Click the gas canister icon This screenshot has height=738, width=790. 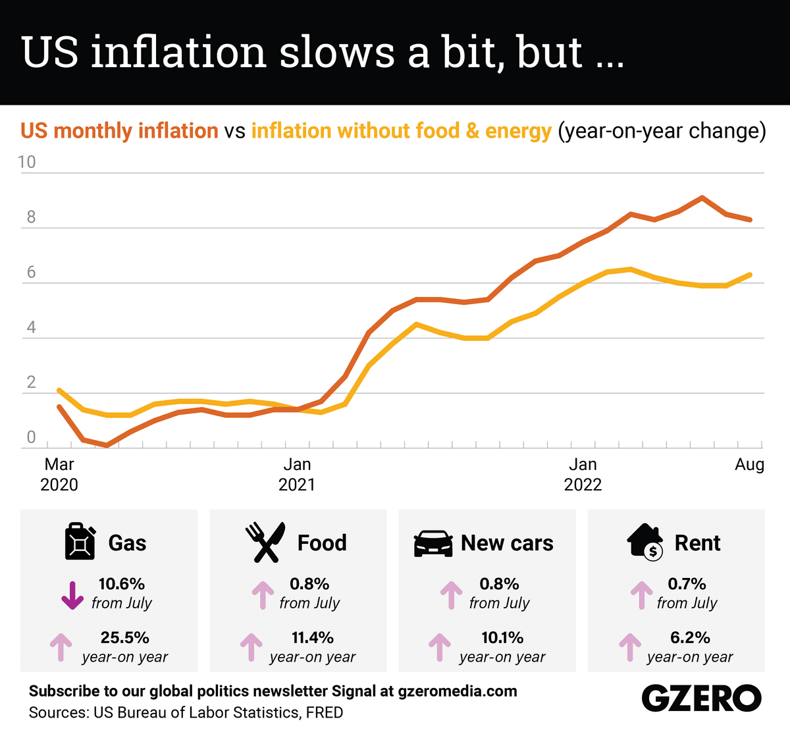pyautogui.click(x=80, y=541)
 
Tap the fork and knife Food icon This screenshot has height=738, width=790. pyautogui.click(x=265, y=542)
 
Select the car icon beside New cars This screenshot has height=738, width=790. pyautogui.click(x=433, y=543)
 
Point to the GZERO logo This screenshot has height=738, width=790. pyautogui.click(x=701, y=698)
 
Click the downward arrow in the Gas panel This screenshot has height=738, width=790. pyautogui.click(x=72, y=594)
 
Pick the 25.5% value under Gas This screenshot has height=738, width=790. pyautogui.click(x=124, y=638)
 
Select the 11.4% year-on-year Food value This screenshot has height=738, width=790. pyautogui.click(x=312, y=638)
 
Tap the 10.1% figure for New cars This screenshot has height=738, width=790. pyautogui.click(x=502, y=638)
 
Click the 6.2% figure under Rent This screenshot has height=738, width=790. pyautogui.click(x=690, y=638)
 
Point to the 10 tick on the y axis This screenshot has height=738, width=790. pyautogui.click(x=28, y=162)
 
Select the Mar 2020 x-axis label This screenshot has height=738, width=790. pyautogui.click(x=59, y=475)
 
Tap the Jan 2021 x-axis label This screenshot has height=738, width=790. pyautogui.click(x=297, y=475)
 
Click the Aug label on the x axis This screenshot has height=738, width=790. pyautogui.click(x=749, y=465)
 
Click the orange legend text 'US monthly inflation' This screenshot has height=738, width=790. pyautogui.click(x=119, y=131)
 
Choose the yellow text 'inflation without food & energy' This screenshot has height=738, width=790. pyautogui.click(x=401, y=131)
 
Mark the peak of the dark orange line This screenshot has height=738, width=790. pyautogui.click(x=702, y=197)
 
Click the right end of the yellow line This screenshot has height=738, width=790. pyautogui.click(x=750, y=275)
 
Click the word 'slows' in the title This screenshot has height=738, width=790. pyautogui.click(x=336, y=52)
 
